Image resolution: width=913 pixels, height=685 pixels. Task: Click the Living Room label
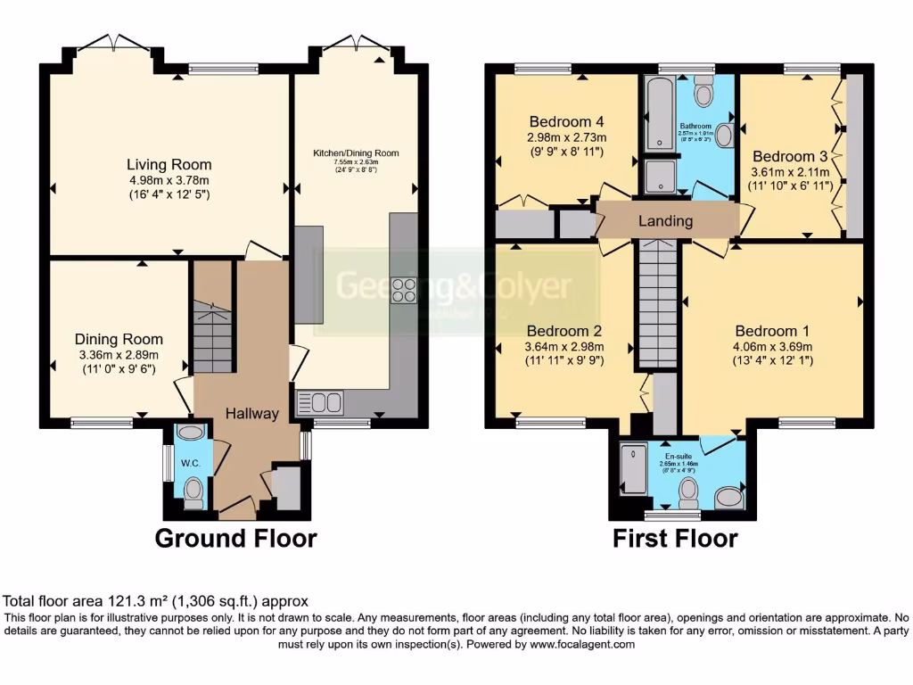coord(169,164)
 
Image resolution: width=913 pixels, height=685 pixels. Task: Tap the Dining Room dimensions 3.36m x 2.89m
coord(119,353)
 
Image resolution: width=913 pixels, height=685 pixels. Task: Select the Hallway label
coord(251,414)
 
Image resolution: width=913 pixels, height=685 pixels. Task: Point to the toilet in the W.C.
coord(193,491)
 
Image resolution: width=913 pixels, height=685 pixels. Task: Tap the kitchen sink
coord(320,402)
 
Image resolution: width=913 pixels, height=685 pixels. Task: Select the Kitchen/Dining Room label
coord(355,153)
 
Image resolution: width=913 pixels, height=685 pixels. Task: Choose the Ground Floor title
coord(235,539)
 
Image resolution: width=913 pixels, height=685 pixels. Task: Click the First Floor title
coord(675,539)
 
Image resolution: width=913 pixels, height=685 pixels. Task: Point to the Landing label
coord(666,221)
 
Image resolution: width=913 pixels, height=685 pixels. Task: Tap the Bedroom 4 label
coord(566,122)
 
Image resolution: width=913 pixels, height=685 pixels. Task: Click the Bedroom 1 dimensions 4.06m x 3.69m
coord(773,347)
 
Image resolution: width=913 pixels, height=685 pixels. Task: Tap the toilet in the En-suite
coord(688,491)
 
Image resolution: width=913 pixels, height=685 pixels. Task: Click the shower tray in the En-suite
coord(634,467)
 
